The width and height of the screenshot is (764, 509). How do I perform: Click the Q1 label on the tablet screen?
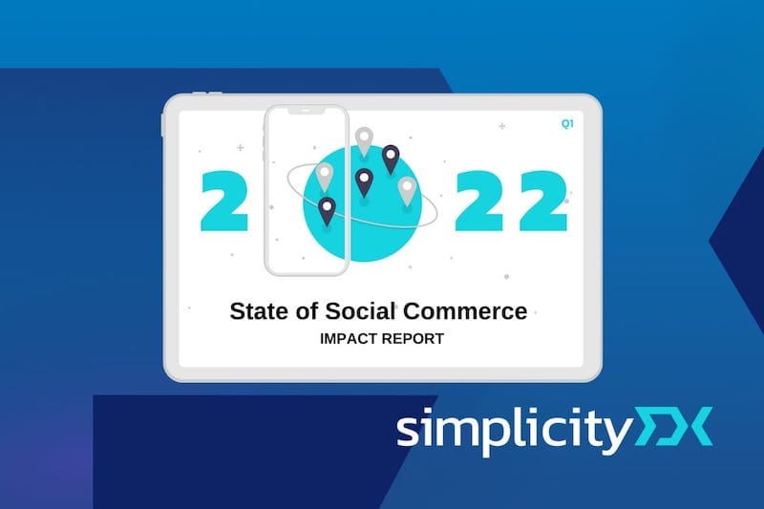coord(567,124)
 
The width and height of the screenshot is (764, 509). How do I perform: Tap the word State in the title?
coord(258,311)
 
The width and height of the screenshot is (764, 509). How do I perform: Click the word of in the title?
coord(306,311)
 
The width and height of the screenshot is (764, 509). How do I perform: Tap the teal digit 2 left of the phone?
coord(224,201)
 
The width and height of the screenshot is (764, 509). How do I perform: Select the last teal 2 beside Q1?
coord(543,201)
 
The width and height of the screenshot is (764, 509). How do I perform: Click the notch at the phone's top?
coord(306,111)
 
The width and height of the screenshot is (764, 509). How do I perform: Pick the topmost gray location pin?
coord(364,141)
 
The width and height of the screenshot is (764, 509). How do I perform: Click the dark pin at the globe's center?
coord(364,182)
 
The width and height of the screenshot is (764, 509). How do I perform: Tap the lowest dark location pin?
coord(327,212)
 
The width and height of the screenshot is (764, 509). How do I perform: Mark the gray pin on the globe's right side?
coord(408,191)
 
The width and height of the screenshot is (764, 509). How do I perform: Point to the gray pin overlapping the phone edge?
coord(325,177)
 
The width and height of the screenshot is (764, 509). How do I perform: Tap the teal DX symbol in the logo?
coord(672,427)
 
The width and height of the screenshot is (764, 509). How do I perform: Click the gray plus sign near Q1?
coord(502,126)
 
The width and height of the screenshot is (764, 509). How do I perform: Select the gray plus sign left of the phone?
coord(240,147)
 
